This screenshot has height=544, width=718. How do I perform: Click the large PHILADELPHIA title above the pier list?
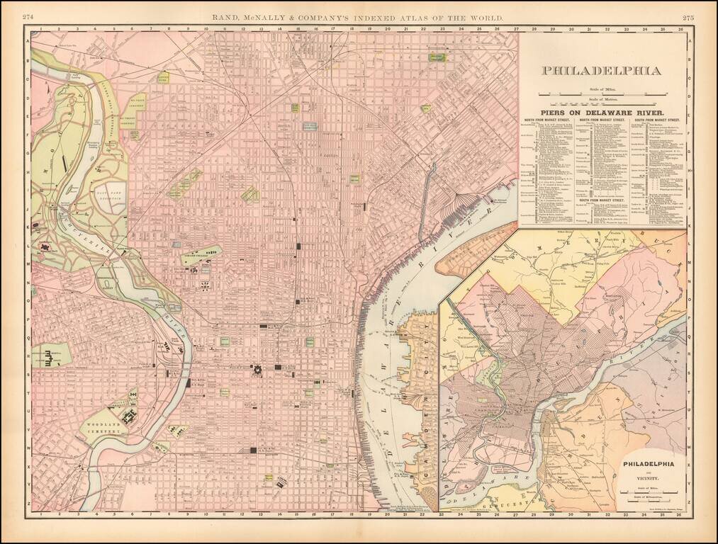602,70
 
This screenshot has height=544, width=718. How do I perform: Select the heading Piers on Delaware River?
602,112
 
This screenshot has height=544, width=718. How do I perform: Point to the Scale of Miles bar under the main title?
602,93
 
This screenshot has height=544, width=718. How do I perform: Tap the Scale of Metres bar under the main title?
602,105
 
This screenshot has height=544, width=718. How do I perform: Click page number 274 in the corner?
29,17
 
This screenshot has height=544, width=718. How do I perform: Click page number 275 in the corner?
688,17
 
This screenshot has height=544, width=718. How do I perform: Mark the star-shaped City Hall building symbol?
255,368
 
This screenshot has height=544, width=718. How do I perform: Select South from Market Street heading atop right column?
659,120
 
